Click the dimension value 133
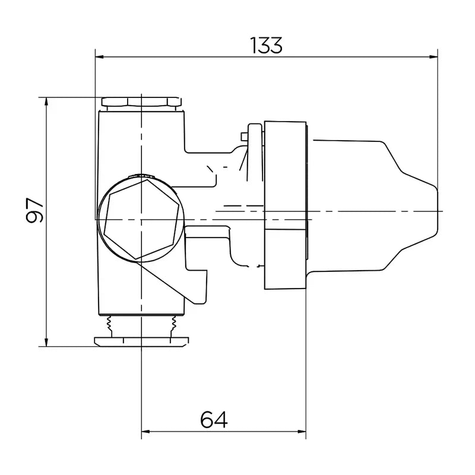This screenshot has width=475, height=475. point(266,45)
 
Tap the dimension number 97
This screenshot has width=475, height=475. point(36,210)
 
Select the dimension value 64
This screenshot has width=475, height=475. point(214,420)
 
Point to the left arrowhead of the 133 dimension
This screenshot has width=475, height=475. point(100,58)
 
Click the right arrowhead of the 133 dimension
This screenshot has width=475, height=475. point(433,58)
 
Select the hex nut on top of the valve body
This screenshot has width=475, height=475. point(141,102)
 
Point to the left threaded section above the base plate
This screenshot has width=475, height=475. point(110,324)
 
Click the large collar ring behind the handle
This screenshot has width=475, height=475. point(285,205)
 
